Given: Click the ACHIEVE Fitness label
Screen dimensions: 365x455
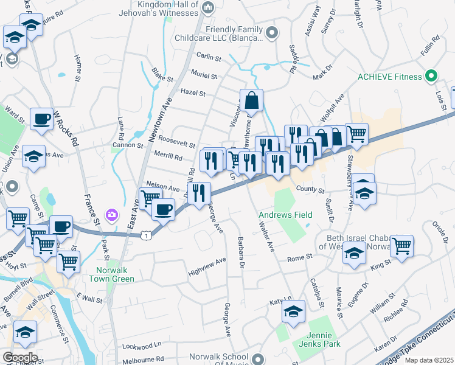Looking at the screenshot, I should coord(389,77).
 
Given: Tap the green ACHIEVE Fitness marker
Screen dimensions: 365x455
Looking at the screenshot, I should coord(431,77).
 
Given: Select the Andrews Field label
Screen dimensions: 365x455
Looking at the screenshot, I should coord(285,215).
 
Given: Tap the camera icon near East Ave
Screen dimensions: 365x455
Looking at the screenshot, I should coord(111,214).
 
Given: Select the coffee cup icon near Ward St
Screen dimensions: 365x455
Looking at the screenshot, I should coord(41,119).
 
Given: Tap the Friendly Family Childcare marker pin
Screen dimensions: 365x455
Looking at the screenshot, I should coord(272,33).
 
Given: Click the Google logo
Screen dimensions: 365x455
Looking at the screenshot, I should coord(20,358).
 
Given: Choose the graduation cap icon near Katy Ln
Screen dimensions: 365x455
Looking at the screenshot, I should coord(293,312).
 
